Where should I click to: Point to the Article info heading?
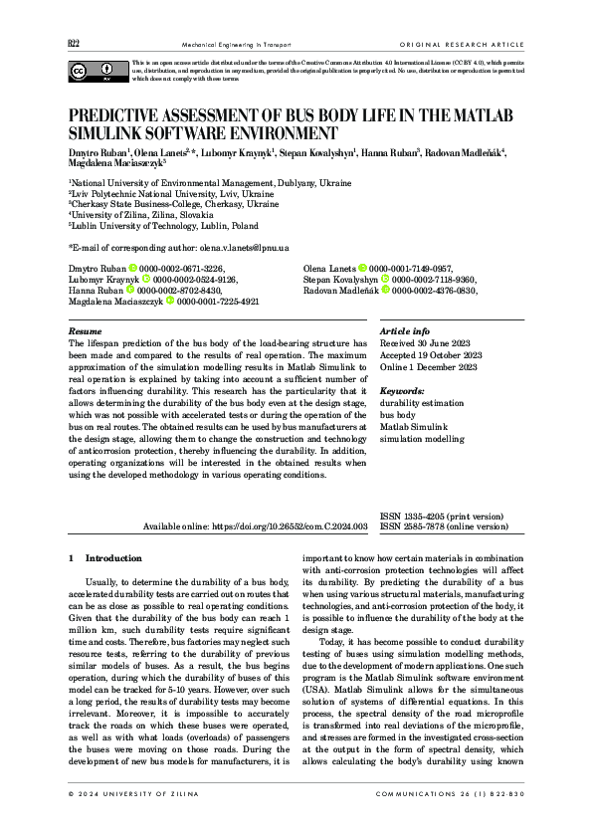tap(406, 303)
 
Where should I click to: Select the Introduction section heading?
tap(113, 558)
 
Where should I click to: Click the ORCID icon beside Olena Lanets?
tap(362, 241)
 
